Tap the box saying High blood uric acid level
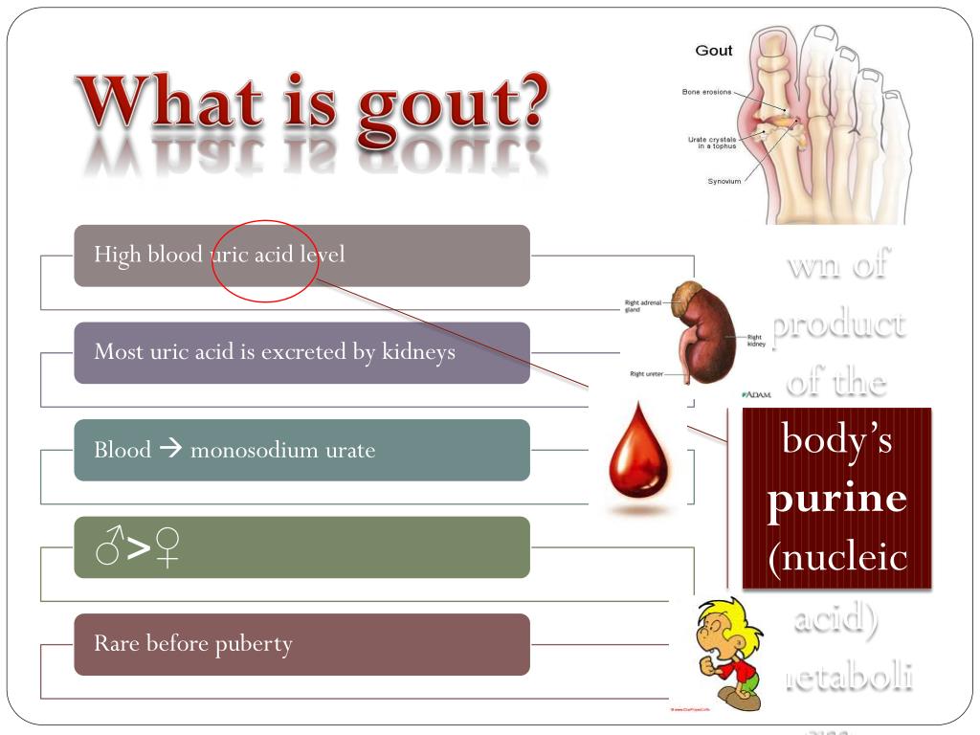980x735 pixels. click(301, 256)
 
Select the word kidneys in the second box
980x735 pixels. click(418, 352)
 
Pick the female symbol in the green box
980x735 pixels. click(168, 547)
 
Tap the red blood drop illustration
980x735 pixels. click(641, 458)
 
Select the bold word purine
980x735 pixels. click(836, 499)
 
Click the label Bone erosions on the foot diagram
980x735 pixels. click(706, 92)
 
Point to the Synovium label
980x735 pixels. click(724, 181)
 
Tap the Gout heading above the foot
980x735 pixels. click(714, 51)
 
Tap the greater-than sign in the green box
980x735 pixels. click(139, 547)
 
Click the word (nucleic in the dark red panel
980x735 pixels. click(836, 556)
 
